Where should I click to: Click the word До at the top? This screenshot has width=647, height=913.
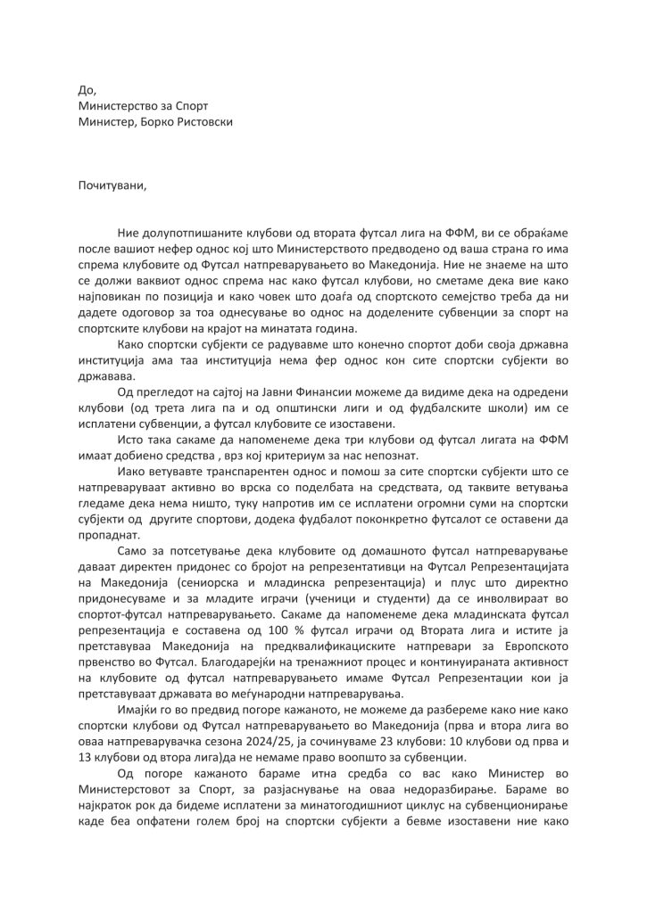click(x=86, y=89)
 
